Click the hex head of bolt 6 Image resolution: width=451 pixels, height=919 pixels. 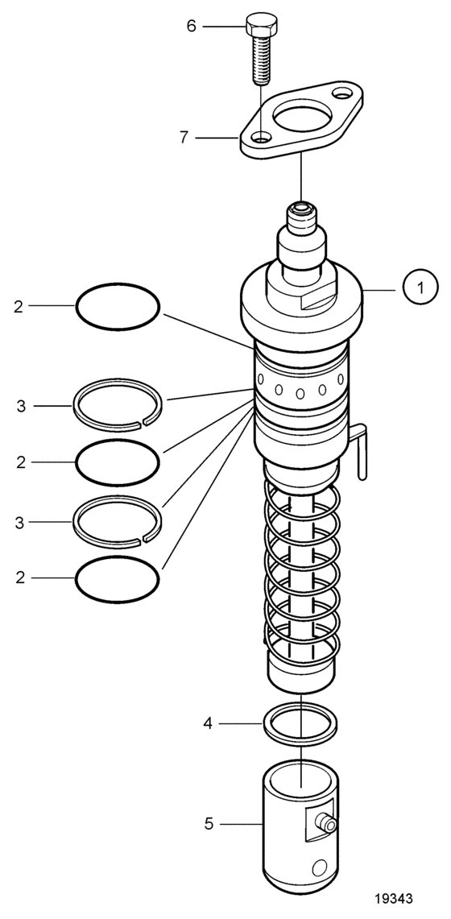(261, 23)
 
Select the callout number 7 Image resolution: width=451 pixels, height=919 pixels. (184, 138)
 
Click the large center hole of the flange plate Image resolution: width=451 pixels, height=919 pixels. (302, 115)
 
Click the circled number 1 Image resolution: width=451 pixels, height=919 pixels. (420, 287)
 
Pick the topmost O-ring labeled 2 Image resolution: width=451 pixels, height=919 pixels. (118, 307)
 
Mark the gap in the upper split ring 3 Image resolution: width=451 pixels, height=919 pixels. (142, 421)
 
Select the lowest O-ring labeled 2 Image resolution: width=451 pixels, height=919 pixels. (118, 579)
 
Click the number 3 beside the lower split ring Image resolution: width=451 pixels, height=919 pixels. (19, 522)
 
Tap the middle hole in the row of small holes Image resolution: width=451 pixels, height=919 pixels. (300, 393)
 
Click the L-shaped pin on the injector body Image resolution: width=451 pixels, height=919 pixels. (360, 449)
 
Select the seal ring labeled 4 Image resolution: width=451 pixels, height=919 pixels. (300, 724)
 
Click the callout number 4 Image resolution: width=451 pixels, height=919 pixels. (207, 724)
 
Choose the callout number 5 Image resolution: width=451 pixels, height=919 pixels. (209, 824)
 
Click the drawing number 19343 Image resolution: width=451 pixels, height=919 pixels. (394, 899)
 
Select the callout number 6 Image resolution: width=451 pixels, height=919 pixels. (191, 26)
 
